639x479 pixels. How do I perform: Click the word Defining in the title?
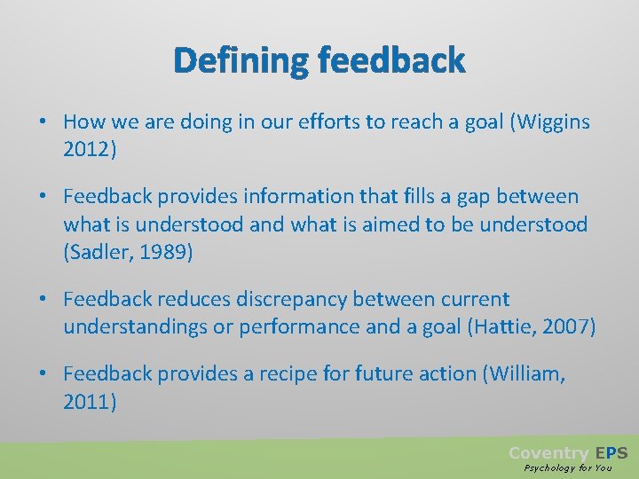(x=241, y=61)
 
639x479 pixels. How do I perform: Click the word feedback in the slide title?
(x=391, y=61)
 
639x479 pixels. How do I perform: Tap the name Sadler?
(x=101, y=253)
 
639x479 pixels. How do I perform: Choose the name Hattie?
(x=495, y=327)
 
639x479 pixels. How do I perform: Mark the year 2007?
(x=564, y=327)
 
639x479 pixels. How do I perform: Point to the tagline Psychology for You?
(x=568, y=467)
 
